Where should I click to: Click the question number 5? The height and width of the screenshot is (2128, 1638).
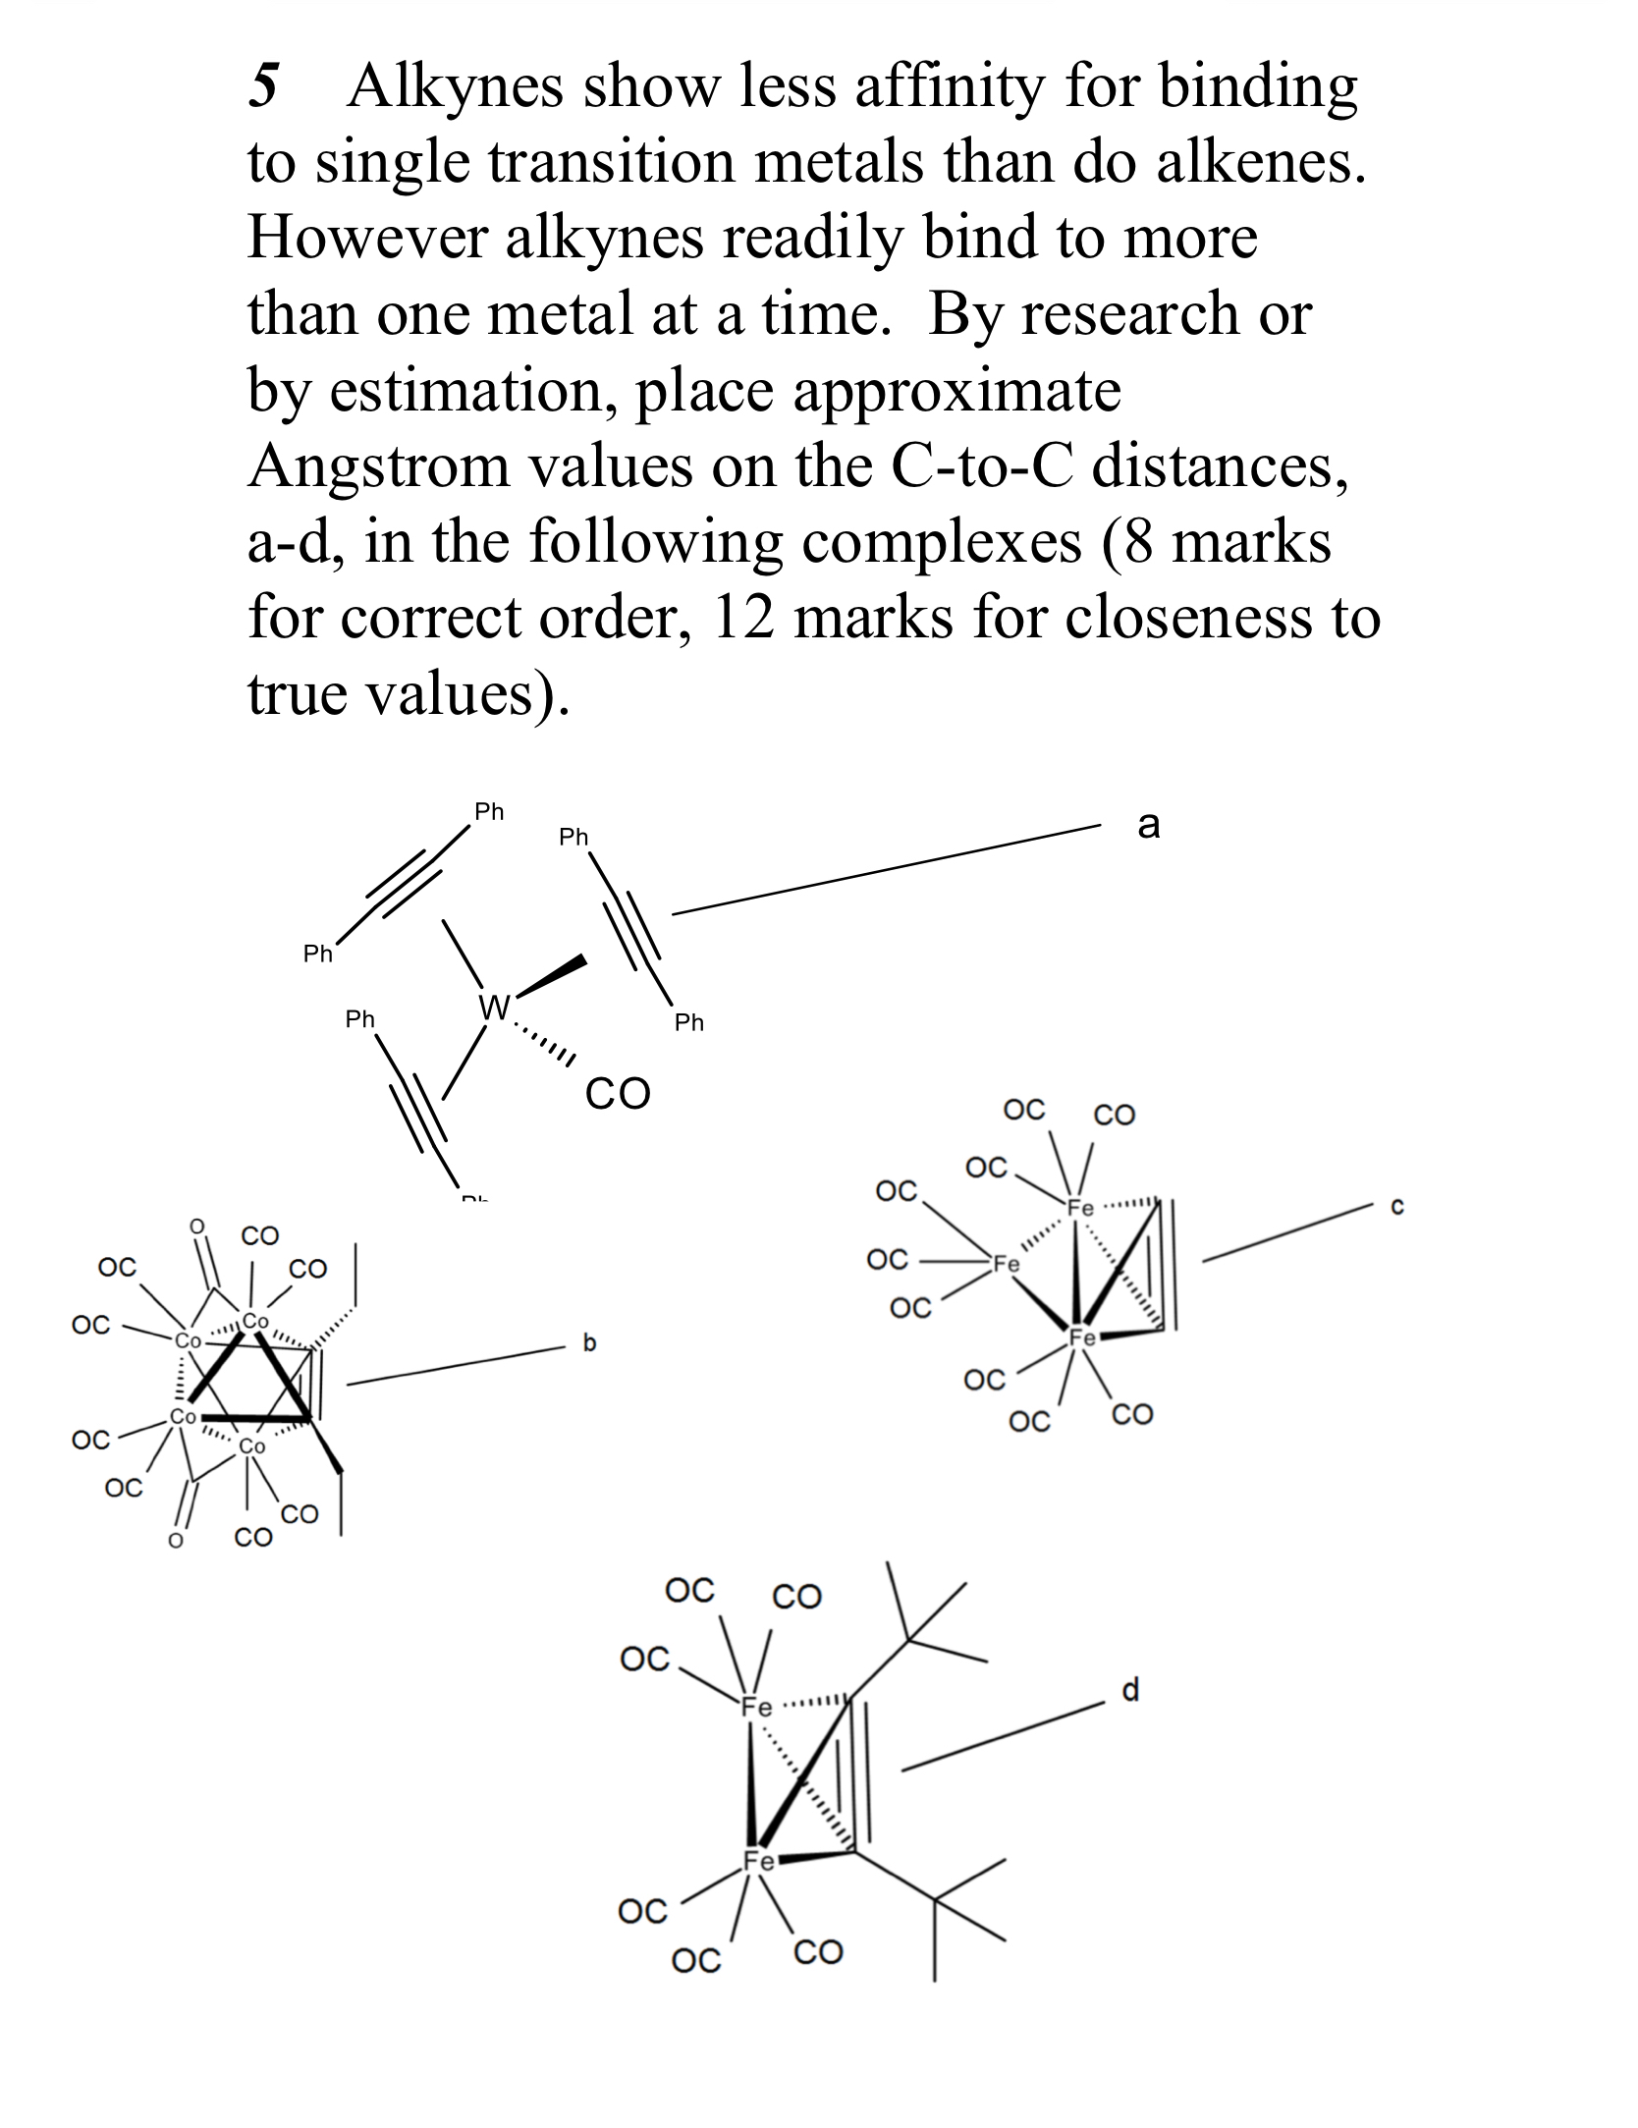click(x=264, y=86)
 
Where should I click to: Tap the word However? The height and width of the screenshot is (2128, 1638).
click(x=365, y=238)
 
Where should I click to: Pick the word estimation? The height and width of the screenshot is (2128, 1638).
click(x=472, y=391)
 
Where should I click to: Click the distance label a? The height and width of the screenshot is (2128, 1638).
click(x=1148, y=825)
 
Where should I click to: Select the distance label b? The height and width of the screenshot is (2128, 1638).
click(x=589, y=1342)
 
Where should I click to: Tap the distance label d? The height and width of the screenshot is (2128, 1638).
click(x=1130, y=1689)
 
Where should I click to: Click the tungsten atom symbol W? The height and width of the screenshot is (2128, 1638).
click(x=494, y=1006)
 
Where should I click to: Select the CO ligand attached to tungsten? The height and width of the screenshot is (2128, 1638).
click(x=617, y=1093)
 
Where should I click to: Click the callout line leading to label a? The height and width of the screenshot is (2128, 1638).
click(x=884, y=871)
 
